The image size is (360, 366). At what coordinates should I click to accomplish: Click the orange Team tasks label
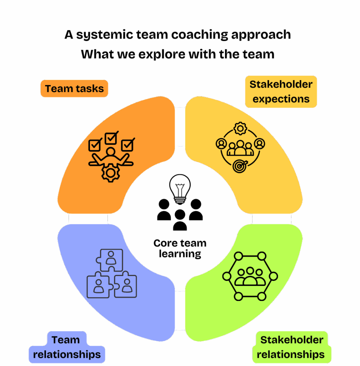tap(74, 89)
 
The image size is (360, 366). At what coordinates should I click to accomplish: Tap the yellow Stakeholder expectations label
tap(281, 91)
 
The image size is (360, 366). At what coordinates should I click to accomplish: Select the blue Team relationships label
tap(66, 347)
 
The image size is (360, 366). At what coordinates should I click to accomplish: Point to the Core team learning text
tap(180, 248)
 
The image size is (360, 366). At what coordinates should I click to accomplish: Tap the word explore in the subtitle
tap(160, 54)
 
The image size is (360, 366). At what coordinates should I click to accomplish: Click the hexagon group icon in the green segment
tap(250, 276)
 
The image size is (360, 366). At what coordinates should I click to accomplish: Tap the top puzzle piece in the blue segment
tap(111, 259)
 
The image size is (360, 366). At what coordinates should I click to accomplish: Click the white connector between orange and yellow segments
tap(180, 127)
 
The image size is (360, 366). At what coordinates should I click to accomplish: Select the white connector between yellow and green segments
tap(271, 219)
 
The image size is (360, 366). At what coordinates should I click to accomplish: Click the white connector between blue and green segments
tap(180, 310)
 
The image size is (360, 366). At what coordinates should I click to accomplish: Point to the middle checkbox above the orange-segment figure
tap(111, 138)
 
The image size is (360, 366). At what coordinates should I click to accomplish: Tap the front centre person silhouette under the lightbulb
tap(180, 220)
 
